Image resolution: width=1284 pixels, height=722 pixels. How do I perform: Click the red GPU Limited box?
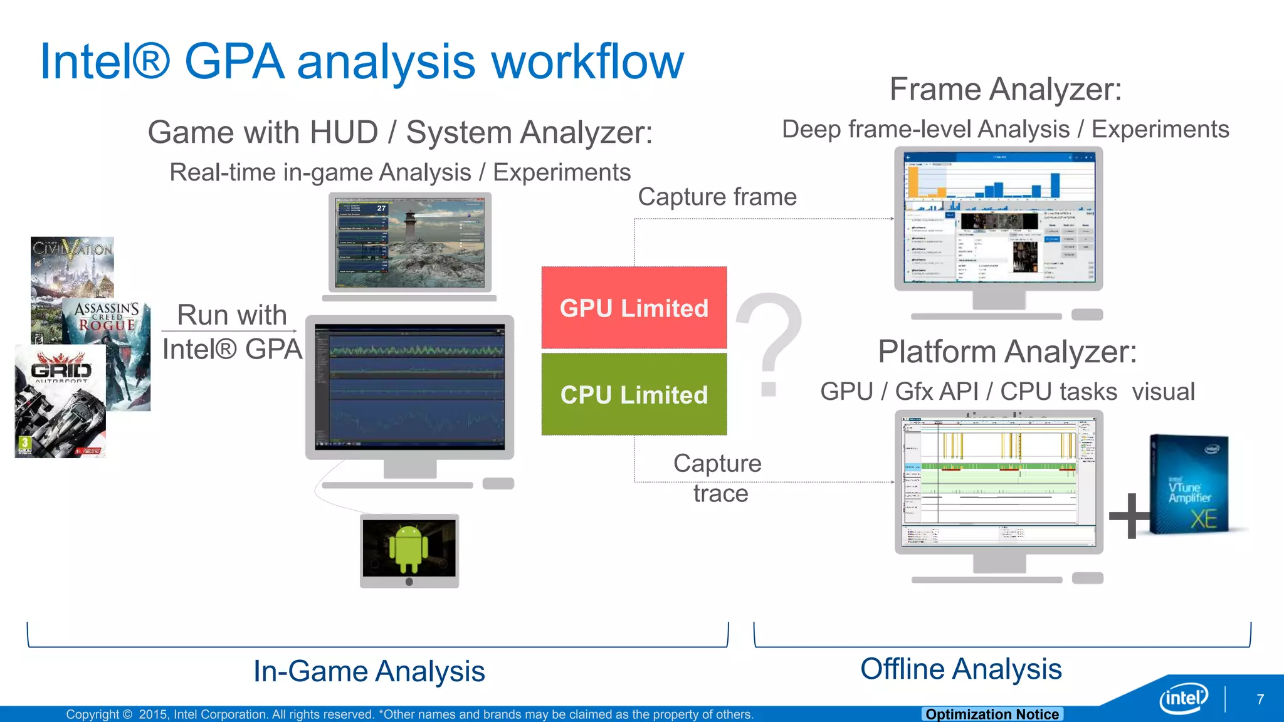coord(634,308)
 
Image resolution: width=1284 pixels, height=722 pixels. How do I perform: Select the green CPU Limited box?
coord(634,394)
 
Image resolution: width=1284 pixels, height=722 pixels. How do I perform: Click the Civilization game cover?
coord(72,266)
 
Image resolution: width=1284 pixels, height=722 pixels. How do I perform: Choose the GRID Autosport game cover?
coord(60,402)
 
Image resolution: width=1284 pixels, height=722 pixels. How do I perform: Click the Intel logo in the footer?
coord(1184,698)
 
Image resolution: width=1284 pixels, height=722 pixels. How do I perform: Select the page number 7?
coord(1260,699)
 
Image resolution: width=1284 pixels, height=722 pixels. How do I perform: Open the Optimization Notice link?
coord(992,714)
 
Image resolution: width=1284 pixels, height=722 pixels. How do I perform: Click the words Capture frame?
coord(717,197)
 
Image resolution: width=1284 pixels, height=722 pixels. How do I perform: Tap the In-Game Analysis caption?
coord(369,671)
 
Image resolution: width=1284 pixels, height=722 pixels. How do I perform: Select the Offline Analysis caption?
coord(960,669)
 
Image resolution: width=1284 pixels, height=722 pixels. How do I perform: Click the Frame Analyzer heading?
coord(1005,89)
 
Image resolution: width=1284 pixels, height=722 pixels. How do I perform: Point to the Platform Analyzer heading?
coord(1007,352)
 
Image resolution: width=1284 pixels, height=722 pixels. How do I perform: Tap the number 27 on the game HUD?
coord(381,208)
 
